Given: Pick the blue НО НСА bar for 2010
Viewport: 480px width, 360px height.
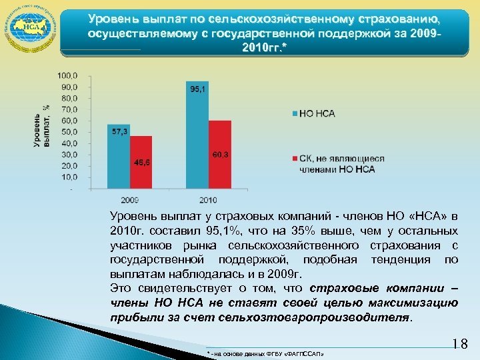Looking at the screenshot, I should click(x=198, y=136).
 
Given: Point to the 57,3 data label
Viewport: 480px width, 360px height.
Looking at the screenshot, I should click(x=119, y=132).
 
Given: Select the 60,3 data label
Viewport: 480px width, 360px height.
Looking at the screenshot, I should click(x=221, y=155).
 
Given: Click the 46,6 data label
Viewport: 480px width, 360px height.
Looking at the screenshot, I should click(x=141, y=163).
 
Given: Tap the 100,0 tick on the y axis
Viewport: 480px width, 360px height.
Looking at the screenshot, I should click(x=69, y=75).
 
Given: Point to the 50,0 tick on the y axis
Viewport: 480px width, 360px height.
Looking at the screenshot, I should click(x=69, y=132).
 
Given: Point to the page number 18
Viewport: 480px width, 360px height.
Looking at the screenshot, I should click(x=461, y=344).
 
